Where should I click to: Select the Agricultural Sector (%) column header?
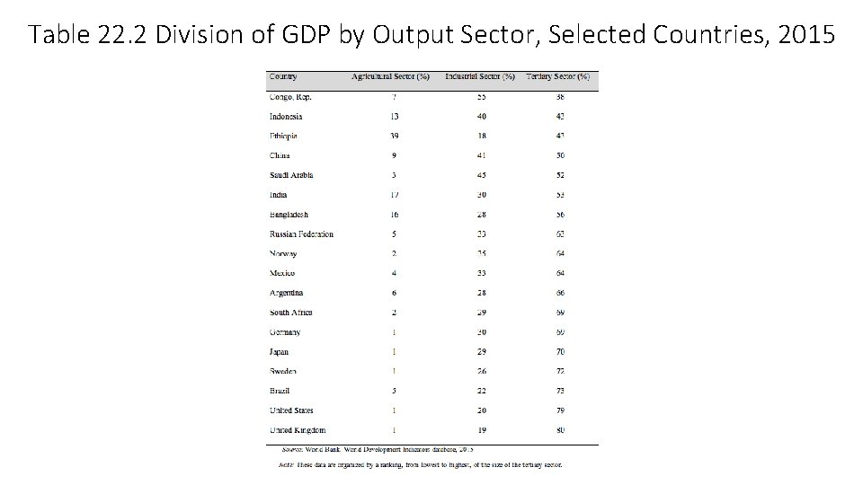[390, 77]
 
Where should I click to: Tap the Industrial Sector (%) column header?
[480, 77]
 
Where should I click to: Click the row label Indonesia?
[286, 117]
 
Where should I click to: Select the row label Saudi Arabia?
[291, 175]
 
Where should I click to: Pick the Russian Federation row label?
[301, 234]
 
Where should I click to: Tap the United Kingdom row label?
[298, 430]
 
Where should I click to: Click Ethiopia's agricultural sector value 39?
[394, 137]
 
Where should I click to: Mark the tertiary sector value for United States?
[560, 410]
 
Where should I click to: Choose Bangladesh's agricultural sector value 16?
[394, 215]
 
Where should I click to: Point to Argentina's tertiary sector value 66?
[560, 293]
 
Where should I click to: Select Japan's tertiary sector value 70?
[560, 352]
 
